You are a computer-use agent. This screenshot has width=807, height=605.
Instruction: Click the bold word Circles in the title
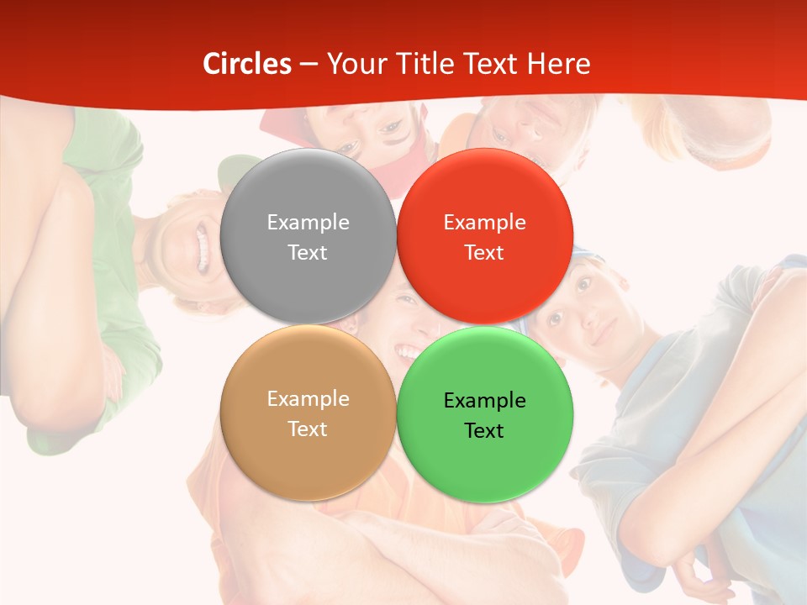tap(246, 64)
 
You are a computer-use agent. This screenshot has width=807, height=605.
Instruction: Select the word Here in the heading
tap(558, 64)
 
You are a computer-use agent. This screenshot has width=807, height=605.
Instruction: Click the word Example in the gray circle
tap(308, 223)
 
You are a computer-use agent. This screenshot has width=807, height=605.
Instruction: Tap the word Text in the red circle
tap(484, 252)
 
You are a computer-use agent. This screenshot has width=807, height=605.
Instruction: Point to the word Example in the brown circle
tap(308, 399)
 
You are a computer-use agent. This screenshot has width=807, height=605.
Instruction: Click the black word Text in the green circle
tap(484, 430)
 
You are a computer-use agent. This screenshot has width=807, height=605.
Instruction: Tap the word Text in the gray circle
tap(308, 252)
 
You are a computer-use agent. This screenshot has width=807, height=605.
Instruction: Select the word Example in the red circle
tap(484, 223)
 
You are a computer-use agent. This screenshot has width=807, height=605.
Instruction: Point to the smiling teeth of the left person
tap(202, 245)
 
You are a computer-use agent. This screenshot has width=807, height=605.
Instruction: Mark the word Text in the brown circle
tap(308, 429)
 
